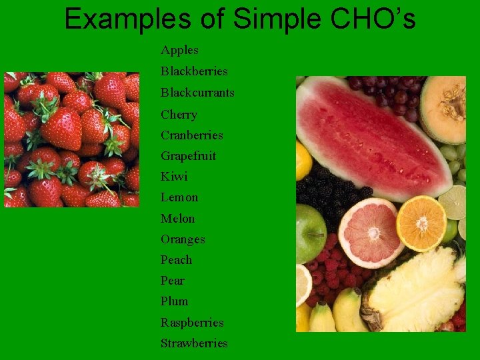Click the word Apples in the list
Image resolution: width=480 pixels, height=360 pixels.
[179, 50]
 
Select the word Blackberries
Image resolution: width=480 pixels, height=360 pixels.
[194, 71]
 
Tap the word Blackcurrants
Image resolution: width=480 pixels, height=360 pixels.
[197, 92]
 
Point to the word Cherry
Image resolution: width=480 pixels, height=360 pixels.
[179, 114]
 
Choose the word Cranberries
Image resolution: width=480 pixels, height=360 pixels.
[192, 135]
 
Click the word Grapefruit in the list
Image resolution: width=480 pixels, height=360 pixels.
[188, 156]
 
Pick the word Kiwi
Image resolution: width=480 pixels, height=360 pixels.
[174, 177]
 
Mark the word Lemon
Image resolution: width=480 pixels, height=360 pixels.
[179, 197]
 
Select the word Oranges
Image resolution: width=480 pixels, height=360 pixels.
[183, 239]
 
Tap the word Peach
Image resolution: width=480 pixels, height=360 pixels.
[176, 259]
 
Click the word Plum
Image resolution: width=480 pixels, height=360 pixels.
[174, 301]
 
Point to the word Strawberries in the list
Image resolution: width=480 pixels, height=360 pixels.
[194, 343]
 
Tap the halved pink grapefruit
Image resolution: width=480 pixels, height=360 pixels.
[371, 233]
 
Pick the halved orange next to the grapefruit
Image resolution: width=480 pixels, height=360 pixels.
[421, 223]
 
